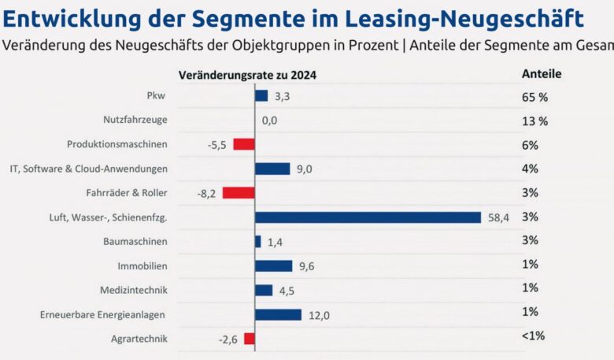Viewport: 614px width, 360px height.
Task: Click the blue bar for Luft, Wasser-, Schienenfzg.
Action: [x=368, y=217]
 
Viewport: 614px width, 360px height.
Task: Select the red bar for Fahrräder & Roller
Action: [x=239, y=193]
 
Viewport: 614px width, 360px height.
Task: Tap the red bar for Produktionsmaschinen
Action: [x=244, y=145]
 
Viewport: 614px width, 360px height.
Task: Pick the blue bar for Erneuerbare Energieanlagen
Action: [x=278, y=315]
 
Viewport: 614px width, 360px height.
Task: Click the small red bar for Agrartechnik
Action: [x=250, y=339]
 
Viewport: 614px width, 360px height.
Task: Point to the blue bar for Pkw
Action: [x=261, y=96]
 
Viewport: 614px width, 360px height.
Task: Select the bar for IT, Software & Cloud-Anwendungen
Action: [x=273, y=169]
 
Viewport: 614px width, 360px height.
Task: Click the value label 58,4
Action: [x=497, y=217]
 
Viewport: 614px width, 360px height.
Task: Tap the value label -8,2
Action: [x=206, y=193]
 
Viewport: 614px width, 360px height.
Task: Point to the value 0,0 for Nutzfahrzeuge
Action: [x=269, y=121]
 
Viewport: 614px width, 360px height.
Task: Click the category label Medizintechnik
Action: [x=133, y=291]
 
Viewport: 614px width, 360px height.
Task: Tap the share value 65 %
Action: [x=534, y=97]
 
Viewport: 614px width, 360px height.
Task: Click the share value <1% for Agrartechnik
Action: [x=533, y=336]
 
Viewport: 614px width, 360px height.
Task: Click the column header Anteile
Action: [x=542, y=73]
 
